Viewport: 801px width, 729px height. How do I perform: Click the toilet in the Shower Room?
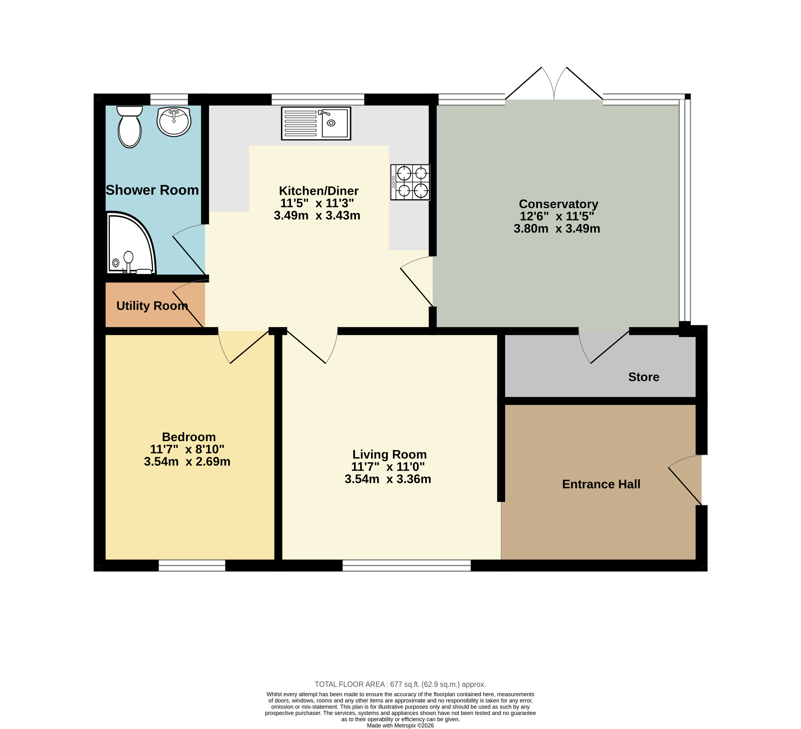130,126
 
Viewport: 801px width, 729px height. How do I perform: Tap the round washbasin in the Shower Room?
174,121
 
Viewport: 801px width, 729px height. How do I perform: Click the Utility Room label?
152,306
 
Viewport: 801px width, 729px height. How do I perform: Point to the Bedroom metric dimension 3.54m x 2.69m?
187,462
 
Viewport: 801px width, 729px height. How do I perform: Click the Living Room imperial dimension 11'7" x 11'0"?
388,467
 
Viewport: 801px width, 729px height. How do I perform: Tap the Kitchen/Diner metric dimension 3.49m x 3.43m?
317,216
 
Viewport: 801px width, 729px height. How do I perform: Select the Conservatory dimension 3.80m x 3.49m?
557,229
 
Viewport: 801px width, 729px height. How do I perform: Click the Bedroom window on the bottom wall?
192,566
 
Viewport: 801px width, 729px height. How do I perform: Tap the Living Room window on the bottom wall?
407,566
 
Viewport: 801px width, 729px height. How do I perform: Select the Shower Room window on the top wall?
169,99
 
